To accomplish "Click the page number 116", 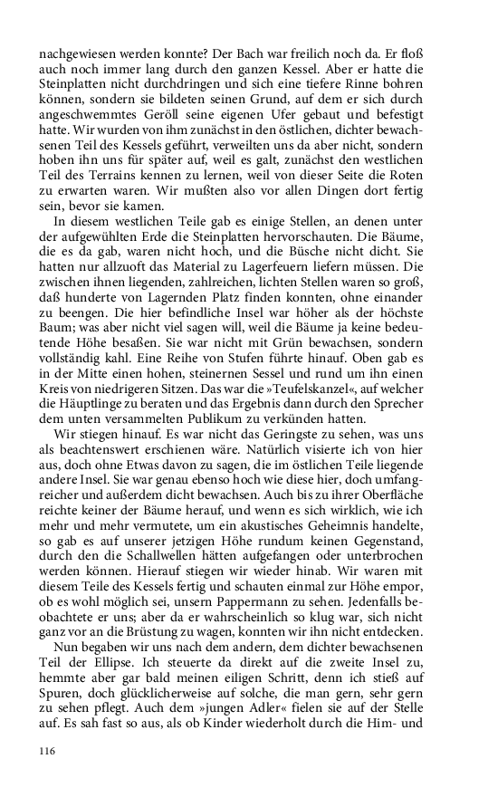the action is click(x=48, y=750).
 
